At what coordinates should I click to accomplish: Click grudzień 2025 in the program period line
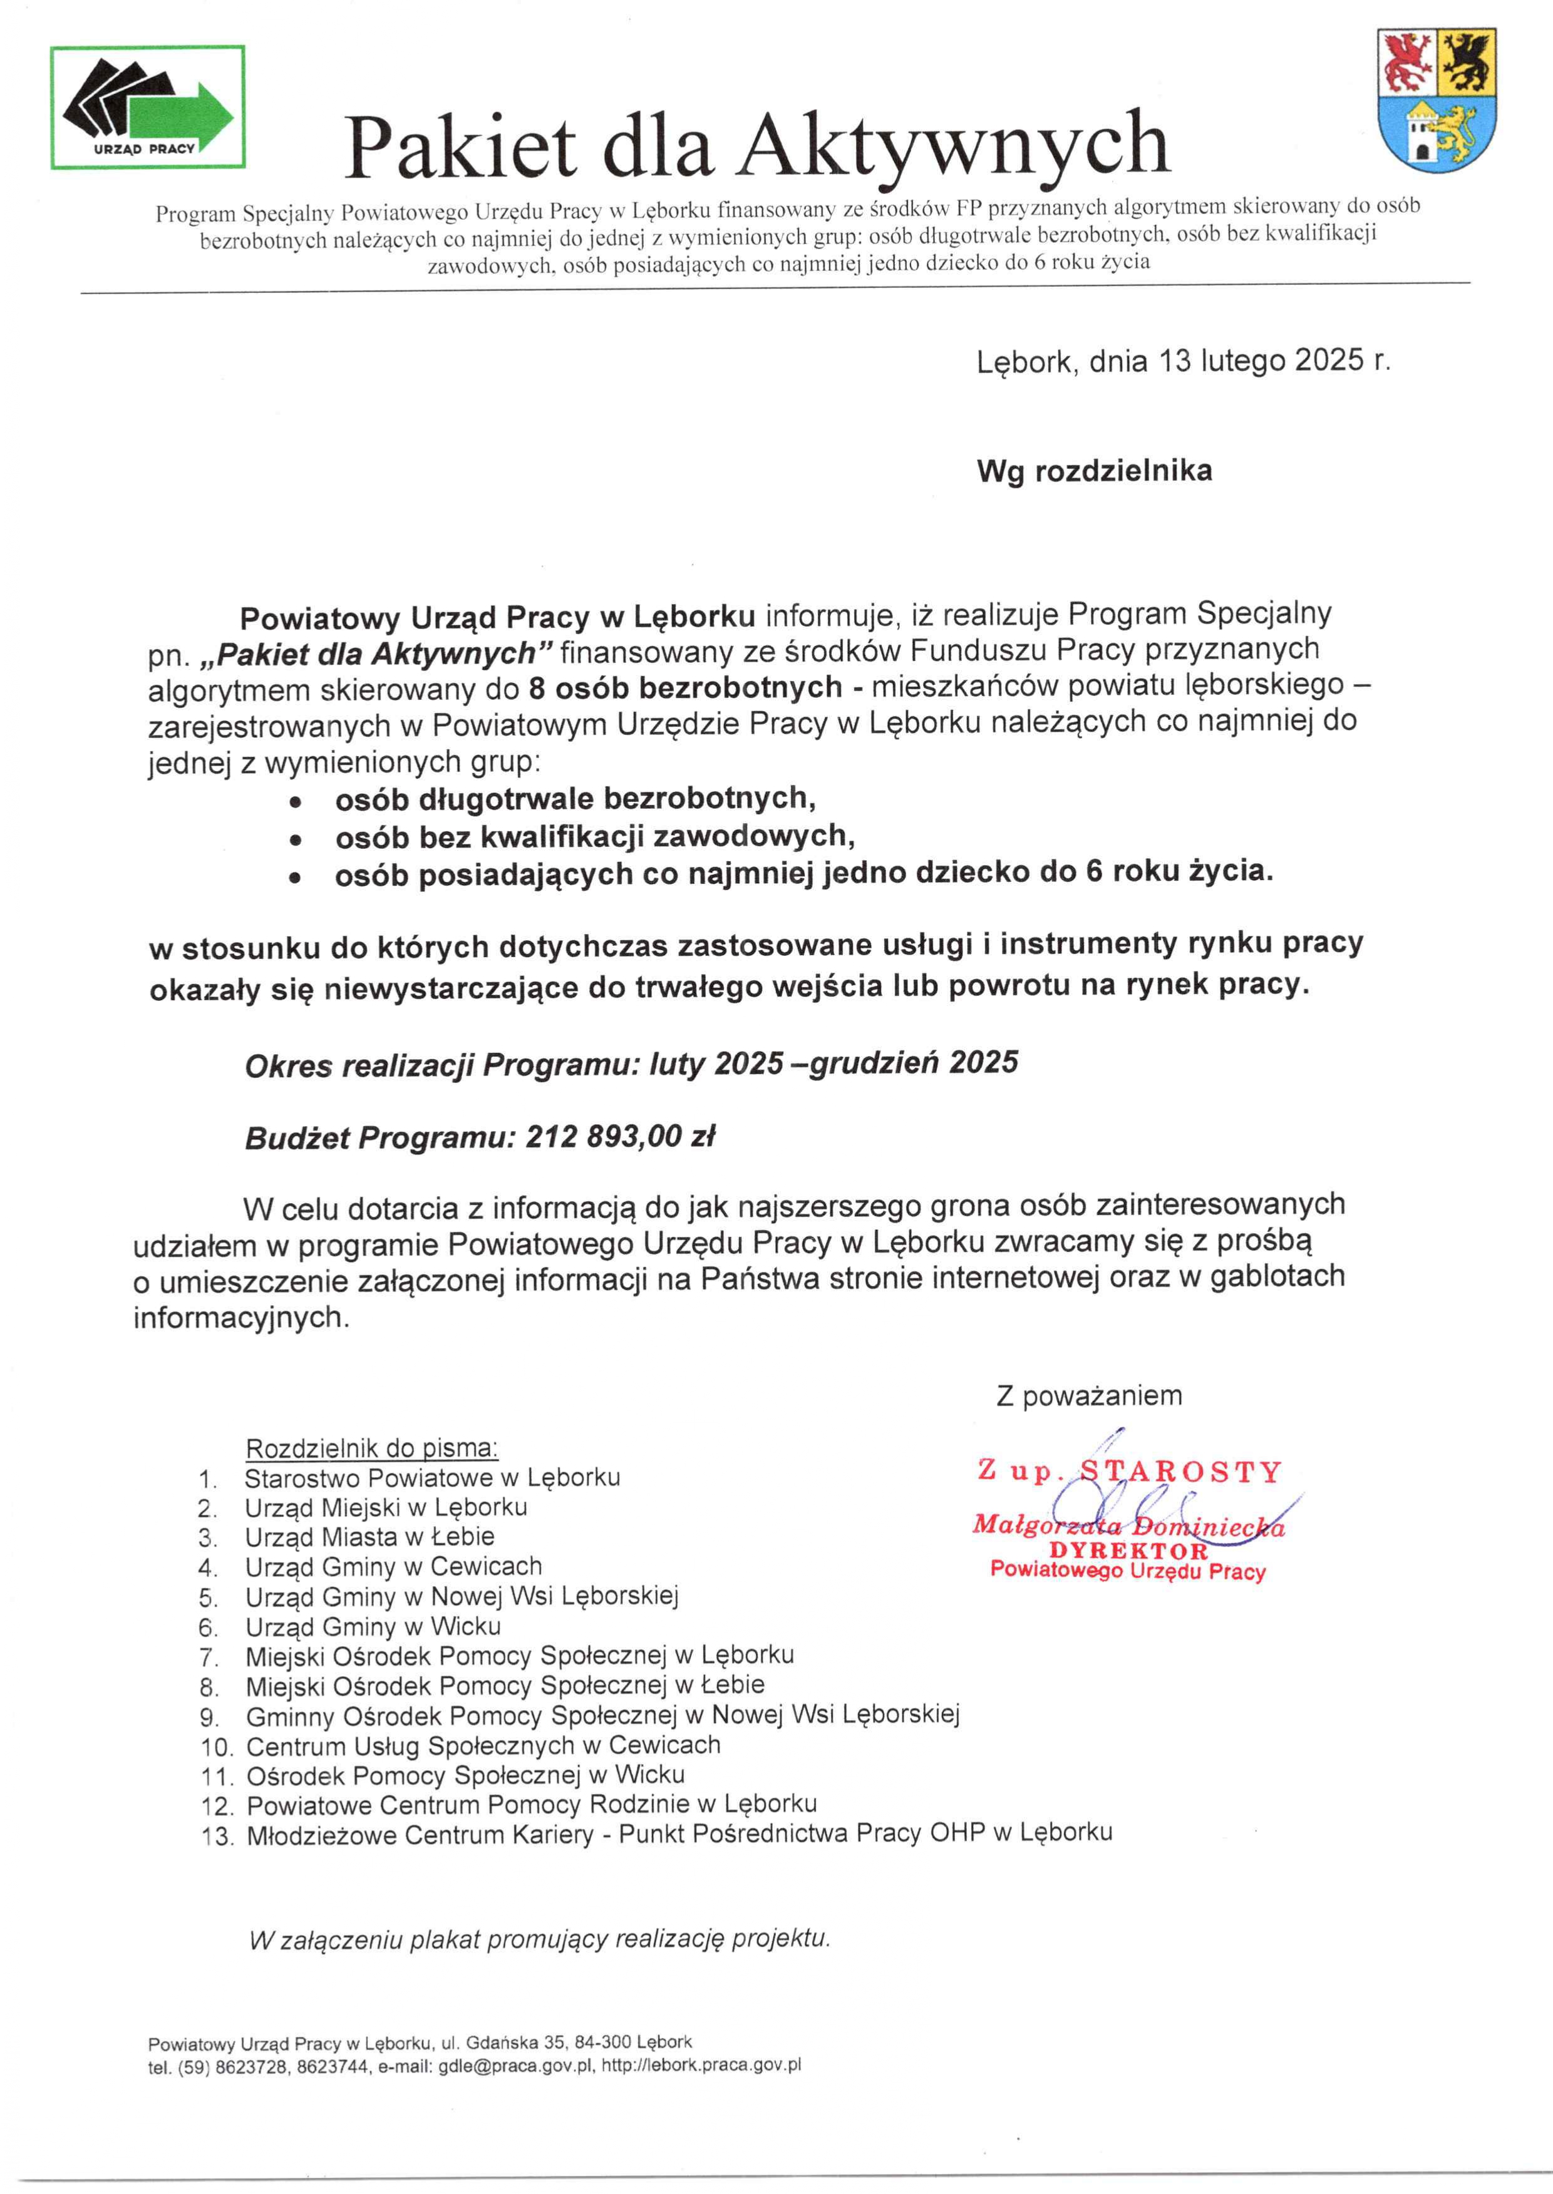[x=913, y=1063]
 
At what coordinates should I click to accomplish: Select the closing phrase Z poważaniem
[x=1088, y=1396]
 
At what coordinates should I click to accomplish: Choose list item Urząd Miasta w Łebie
[x=369, y=1537]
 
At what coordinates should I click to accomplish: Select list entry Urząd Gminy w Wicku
[x=373, y=1626]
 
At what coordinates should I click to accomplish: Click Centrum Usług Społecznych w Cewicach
[x=483, y=1746]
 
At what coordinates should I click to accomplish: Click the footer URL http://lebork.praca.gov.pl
[x=701, y=2065]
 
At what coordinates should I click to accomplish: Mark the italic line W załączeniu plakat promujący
[x=539, y=1940]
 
